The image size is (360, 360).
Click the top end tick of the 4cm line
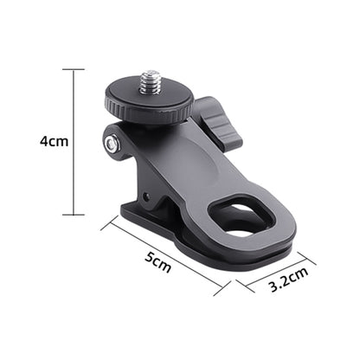74,69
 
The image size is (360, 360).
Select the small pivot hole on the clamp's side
146,197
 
